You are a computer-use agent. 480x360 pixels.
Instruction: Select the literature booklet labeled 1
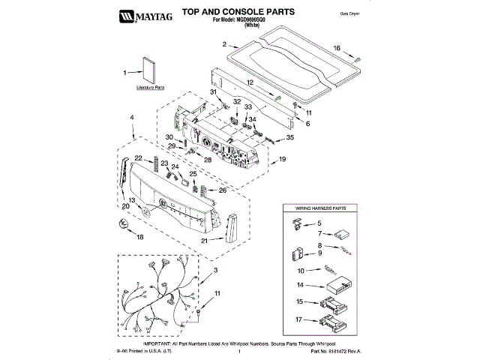point(148,71)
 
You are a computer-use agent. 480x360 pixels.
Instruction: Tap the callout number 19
point(283,160)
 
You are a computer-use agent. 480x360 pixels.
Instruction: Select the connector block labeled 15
point(331,303)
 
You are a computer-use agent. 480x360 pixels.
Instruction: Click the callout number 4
point(132,118)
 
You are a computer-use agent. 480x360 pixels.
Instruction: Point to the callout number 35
point(291,138)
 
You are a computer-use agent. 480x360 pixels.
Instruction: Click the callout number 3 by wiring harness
point(216,270)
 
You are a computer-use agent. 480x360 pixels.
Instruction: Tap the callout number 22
point(138,157)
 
